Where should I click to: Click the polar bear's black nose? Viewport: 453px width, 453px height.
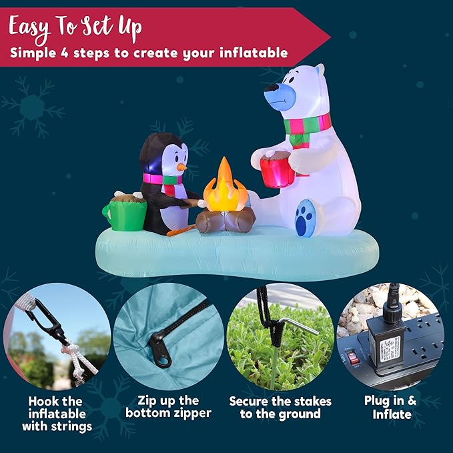272,87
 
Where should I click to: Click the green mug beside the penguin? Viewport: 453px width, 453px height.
124,213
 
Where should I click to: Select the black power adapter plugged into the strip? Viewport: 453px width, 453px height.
386,342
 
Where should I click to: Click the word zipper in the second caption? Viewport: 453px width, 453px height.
189,414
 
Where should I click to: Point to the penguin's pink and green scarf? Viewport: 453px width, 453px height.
162,179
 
